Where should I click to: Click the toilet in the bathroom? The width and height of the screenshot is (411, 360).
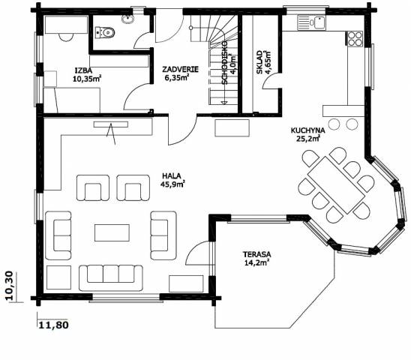coord(105,32)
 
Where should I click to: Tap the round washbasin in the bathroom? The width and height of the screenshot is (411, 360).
coord(128,19)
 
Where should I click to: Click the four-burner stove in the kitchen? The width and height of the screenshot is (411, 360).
coord(355,39)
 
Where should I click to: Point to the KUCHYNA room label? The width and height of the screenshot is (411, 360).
coord(307,130)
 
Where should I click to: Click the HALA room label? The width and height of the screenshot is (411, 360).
coord(172,175)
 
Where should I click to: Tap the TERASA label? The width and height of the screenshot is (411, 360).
coord(256,254)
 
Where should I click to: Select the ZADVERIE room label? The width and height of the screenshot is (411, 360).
coord(181,70)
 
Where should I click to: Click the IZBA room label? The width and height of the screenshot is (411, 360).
coord(83,70)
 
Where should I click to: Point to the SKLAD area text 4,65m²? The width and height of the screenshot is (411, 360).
coord(268,62)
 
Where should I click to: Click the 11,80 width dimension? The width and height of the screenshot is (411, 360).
coord(54,325)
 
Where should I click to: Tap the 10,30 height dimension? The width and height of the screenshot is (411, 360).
coord(10,286)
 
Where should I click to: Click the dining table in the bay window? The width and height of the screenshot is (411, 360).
coord(336,184)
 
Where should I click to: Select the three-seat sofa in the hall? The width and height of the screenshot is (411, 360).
coord(111,278)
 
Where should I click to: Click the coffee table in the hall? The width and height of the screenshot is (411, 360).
coord(112,232)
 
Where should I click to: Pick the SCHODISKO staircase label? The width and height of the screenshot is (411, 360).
coord(224,62)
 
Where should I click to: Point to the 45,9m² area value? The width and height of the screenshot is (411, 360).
coord(172,184)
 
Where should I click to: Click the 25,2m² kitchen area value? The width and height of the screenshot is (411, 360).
coord(308,138)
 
